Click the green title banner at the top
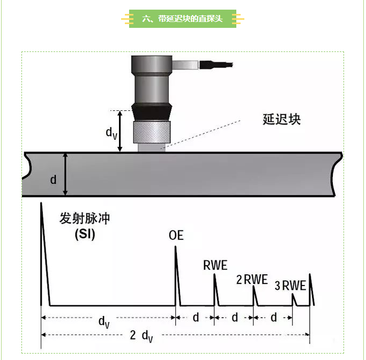183,19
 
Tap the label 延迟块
281,119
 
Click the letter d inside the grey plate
53,179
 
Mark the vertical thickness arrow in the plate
65,174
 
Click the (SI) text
84,234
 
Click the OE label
176,235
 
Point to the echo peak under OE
176,268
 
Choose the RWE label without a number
215,265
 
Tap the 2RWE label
252,279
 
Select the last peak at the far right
310,289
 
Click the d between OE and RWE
196,317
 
